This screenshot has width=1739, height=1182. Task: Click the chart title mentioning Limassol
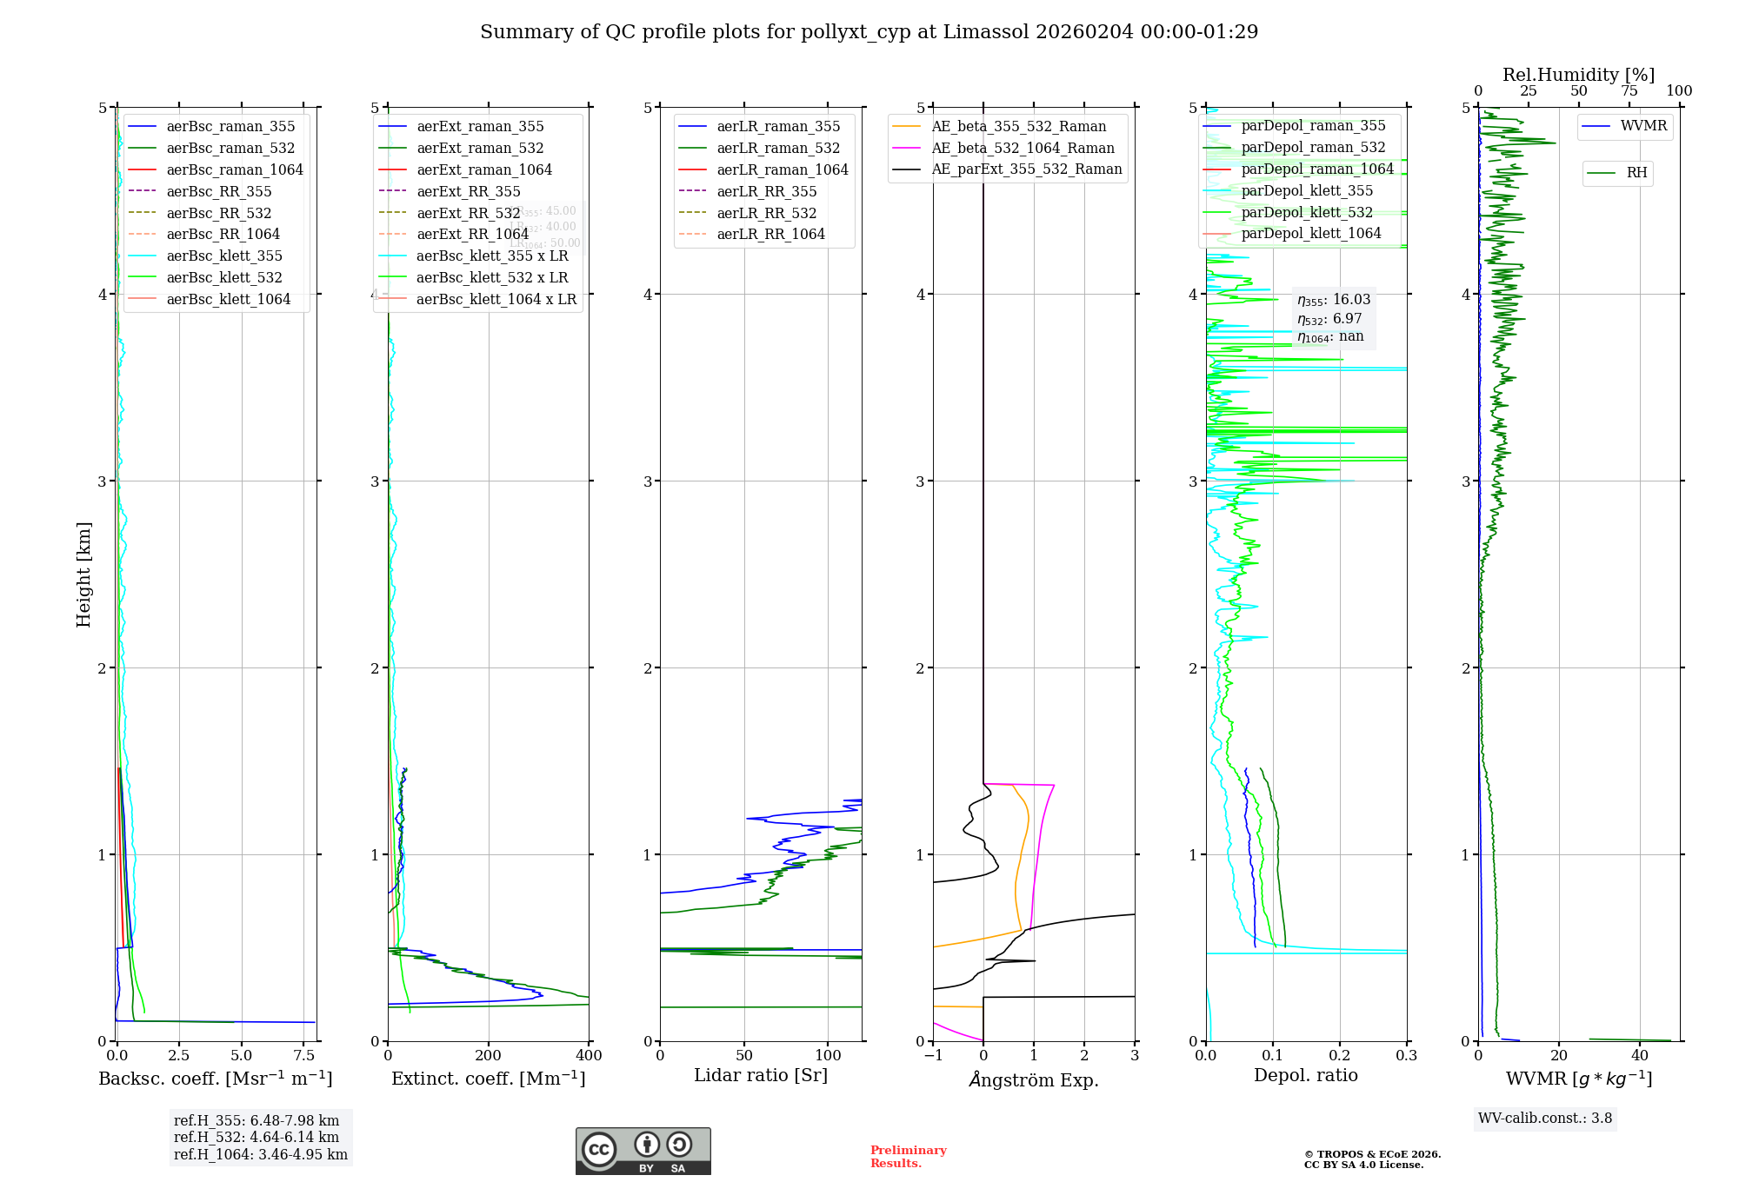[869, 32]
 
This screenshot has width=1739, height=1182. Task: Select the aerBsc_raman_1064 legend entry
[235, 170]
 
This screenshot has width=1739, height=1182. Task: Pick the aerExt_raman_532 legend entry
[480, 149]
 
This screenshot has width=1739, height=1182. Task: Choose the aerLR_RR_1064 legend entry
[770, 235]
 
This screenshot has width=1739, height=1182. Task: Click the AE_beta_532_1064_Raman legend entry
[1023, 149]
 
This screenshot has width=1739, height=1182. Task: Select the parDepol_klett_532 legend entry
[1307, 213]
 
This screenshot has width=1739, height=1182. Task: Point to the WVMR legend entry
[1643, 127]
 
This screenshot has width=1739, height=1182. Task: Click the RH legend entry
[1636, 173]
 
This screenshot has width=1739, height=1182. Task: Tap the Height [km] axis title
[83, 574]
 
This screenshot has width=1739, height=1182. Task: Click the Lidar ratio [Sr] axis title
[761, 1076]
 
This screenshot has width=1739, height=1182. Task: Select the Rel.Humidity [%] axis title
[1578, 75]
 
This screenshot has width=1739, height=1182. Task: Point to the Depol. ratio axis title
[1305, 1076]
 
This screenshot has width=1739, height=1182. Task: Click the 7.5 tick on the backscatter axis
[304, 1056]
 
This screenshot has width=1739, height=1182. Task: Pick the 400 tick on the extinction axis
[589, 1056]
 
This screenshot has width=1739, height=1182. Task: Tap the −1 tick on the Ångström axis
[933, 1056]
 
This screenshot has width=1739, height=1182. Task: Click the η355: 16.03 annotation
[1334, 300]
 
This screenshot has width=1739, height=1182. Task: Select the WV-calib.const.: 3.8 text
[1544, 1119]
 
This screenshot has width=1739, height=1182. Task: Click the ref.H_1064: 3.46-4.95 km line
[260, 1155]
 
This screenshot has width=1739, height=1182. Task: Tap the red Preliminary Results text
[908, 1157]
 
